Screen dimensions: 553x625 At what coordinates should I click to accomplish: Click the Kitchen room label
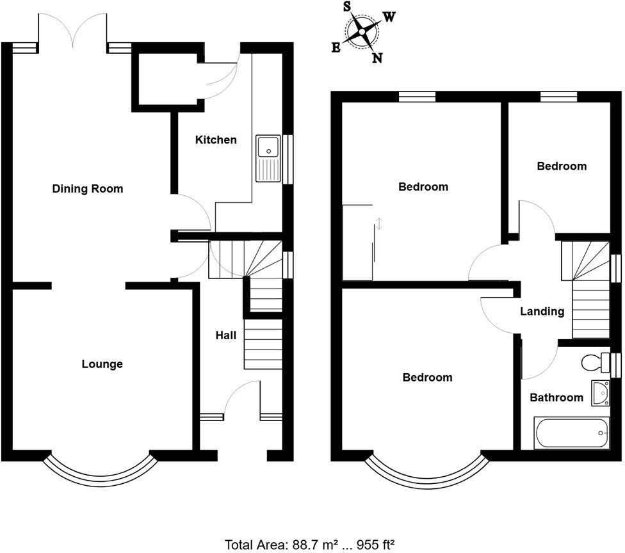tap(216, 140)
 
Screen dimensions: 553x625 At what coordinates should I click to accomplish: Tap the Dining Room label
tap(87, 189)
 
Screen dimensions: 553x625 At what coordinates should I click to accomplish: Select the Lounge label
tap(102, 364)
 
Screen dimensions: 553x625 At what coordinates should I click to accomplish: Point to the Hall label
tap(225, 335)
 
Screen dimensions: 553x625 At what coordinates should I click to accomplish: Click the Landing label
tap(542, 312)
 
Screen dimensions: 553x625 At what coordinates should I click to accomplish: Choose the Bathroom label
tap(556, 397)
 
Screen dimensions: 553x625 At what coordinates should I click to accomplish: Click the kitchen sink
tap(268, 157)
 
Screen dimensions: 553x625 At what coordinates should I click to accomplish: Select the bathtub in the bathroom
tap(571, 433)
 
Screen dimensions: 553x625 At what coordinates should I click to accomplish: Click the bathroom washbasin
tap(601, 393)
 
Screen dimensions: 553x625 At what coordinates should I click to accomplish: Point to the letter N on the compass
tap(377, 58)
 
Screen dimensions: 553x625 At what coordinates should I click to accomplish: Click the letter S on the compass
tap(347, 7)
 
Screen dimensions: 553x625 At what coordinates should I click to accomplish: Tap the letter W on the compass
tap(389, 17)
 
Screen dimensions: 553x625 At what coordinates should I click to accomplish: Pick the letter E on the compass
tap(336, 48)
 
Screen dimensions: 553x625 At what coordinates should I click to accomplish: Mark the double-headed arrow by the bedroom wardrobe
tap(379, 224)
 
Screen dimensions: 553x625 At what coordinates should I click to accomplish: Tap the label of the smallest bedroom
tap(562, 166)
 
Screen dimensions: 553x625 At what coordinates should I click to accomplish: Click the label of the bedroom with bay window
tap(427, 377)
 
